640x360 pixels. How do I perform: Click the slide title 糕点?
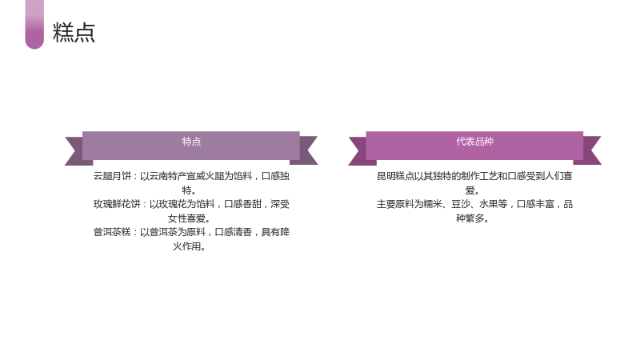[74, 32]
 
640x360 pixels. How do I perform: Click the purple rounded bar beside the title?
[34, 24]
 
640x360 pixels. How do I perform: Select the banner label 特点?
[191, 142]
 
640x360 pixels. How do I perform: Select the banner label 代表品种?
[474, 142]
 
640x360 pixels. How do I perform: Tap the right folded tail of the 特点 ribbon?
[307, 150]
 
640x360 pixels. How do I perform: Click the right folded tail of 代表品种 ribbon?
[590, 150]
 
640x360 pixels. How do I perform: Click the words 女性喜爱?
[186, 218]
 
